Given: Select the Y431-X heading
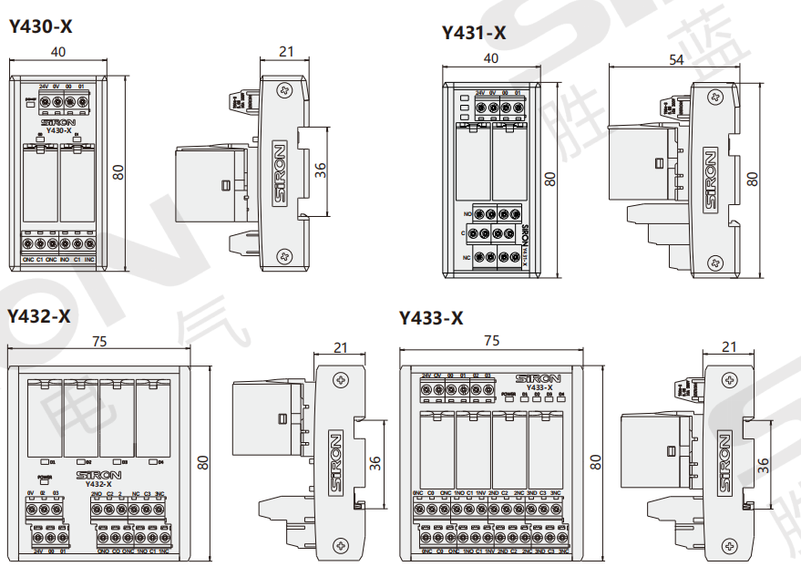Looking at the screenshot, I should coord(473,34).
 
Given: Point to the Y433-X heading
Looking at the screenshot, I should coord(431,318).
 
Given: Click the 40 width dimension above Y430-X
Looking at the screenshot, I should coord(58,53).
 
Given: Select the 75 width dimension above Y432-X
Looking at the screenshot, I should coord(101,341).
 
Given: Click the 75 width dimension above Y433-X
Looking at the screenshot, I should coord(491,341).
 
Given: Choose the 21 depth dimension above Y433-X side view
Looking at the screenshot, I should coord(729,346).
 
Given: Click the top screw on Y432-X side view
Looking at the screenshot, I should coord(342,379).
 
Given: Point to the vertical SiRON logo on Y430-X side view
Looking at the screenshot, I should coord(280,172).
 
